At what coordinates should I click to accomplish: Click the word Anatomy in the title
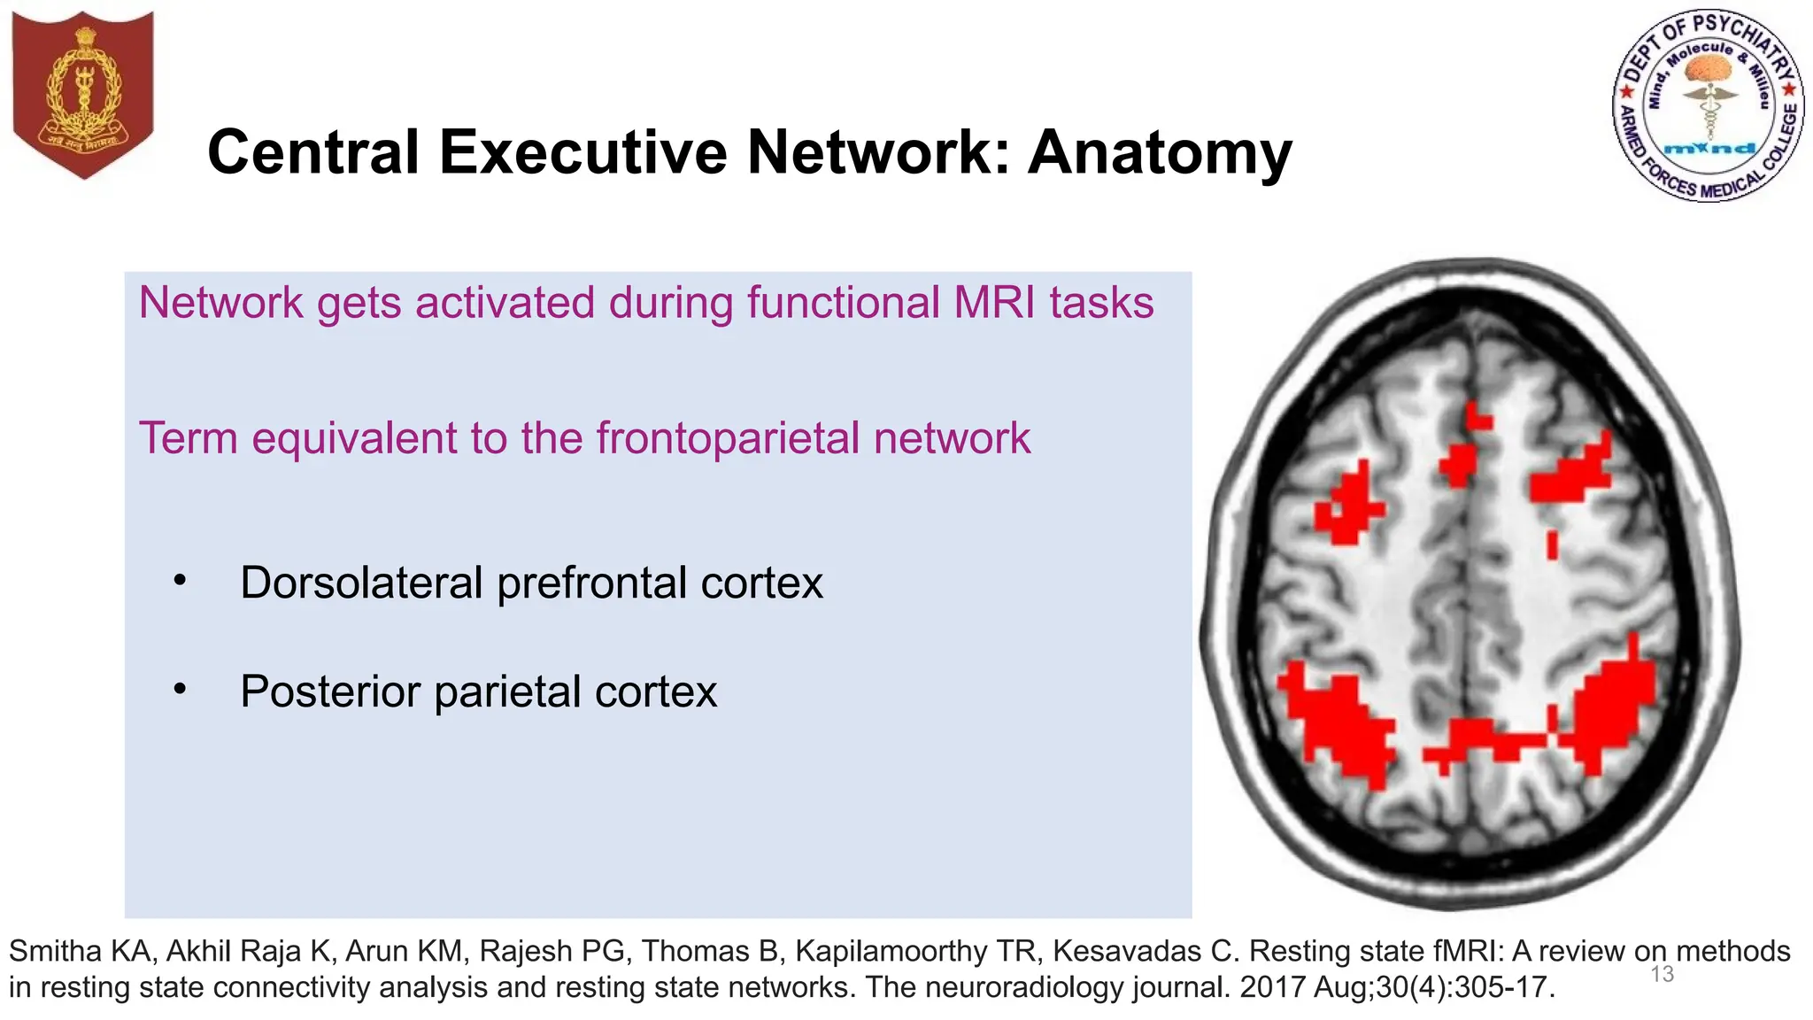click(x=1160, y=153)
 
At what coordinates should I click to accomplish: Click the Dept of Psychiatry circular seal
click(x=1708, y=106)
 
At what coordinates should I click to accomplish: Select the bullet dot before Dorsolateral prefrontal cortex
click(x=181, y=582)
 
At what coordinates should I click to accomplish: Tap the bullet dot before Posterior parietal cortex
click(x=181, y=690)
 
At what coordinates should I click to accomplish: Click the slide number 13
click(x=1662, y=975)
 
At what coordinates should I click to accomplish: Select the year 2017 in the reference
click(x=1271, y=986)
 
